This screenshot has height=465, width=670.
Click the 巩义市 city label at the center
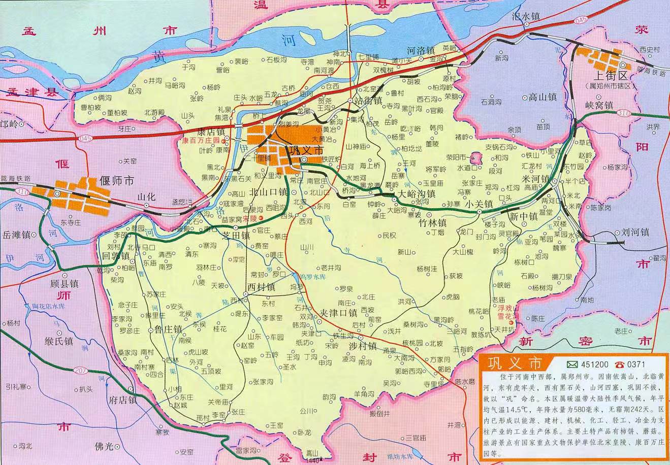pos(305,151)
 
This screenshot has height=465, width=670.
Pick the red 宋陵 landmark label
pos(249,219)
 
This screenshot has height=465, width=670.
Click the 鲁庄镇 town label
pos(166,329)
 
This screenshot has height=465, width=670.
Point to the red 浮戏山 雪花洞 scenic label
pos(509,312)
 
